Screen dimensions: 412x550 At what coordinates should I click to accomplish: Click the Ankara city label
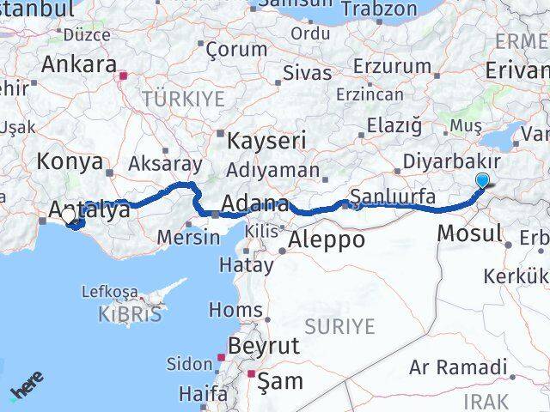point(79,64)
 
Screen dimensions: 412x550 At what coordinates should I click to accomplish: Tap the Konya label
point(70,161)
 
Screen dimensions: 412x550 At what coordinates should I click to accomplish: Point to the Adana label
point(254,204)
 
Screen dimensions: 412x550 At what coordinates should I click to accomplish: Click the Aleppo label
point(327,239)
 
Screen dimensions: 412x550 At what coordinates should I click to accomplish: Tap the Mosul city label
point(470,232)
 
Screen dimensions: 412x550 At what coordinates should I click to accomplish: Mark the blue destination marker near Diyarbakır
point(482,180)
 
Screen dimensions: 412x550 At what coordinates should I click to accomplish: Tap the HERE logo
point(25,391)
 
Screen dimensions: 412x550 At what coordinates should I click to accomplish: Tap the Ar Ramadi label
point(458,367)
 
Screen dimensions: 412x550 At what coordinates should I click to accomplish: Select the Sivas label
point(307,73)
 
